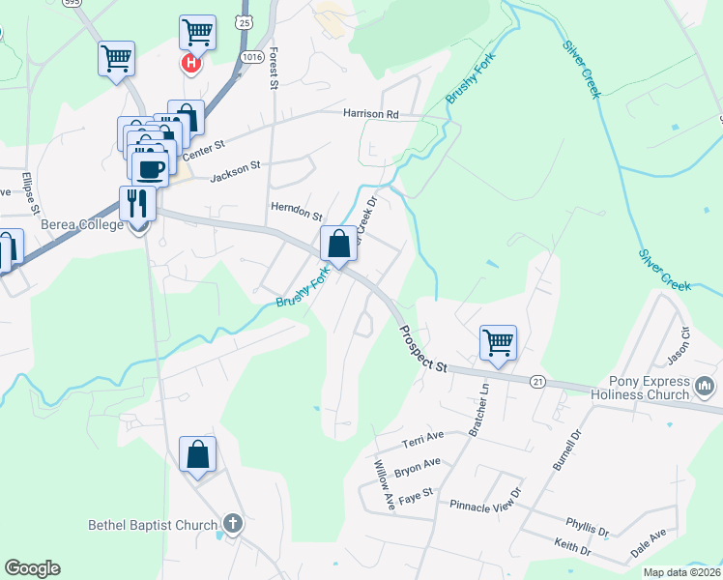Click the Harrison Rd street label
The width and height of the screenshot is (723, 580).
371,114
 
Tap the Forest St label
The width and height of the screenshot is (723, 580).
275,67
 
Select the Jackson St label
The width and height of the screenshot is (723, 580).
236,166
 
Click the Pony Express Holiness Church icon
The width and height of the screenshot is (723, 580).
705,389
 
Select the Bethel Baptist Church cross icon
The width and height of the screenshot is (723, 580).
232,526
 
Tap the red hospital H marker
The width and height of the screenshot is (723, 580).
191,64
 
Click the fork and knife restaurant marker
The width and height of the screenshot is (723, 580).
135,202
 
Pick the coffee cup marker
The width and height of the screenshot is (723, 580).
150,168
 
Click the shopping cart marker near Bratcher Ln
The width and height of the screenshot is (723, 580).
498,341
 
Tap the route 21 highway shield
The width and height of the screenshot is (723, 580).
538,383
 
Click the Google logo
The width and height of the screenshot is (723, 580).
32,568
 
